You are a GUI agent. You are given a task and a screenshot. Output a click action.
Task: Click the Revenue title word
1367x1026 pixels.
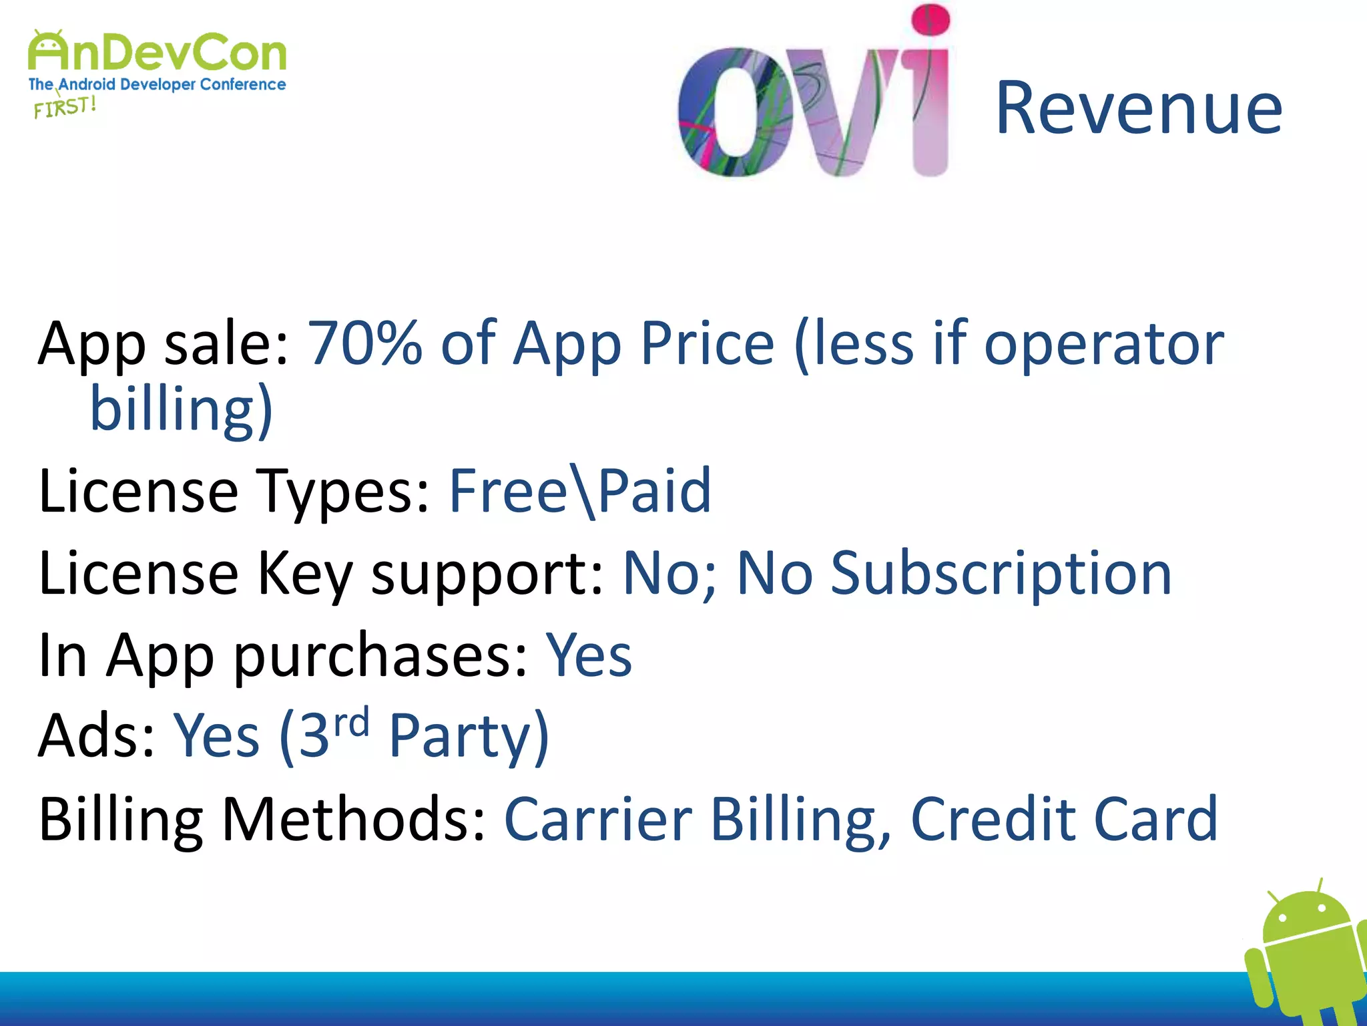1139,108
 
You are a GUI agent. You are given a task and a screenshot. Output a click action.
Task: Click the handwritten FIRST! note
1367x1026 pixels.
65,107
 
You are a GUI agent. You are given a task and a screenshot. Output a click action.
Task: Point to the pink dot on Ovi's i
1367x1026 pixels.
930,19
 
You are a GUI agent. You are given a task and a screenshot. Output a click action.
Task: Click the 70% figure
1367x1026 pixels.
364,343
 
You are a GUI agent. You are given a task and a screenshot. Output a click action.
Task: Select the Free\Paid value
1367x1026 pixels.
580,491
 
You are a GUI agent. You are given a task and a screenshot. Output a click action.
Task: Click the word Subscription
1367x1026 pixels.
1001,573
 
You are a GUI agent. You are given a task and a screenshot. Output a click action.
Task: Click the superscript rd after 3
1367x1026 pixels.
351,723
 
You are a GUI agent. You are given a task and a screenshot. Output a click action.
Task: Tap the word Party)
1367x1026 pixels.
469,737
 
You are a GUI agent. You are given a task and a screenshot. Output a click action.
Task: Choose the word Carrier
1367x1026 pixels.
598,819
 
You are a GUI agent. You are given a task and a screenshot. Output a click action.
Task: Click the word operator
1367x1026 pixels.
1104,343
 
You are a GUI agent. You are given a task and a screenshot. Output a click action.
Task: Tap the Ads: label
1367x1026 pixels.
97,737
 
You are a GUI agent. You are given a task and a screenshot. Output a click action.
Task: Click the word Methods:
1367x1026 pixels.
353,819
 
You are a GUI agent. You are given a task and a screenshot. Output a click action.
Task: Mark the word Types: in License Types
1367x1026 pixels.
343,491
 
